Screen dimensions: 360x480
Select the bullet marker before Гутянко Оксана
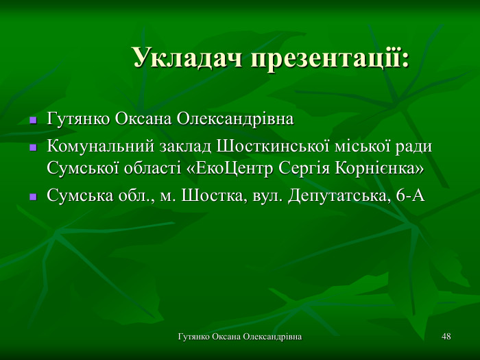pos(32,120)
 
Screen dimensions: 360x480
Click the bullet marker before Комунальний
pos(32,148)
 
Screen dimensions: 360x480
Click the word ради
pos(416,147)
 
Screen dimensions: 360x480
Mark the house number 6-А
pos(411,196)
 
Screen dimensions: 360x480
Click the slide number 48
pos(446,337)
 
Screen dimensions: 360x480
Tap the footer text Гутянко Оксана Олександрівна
pos(240,337)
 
